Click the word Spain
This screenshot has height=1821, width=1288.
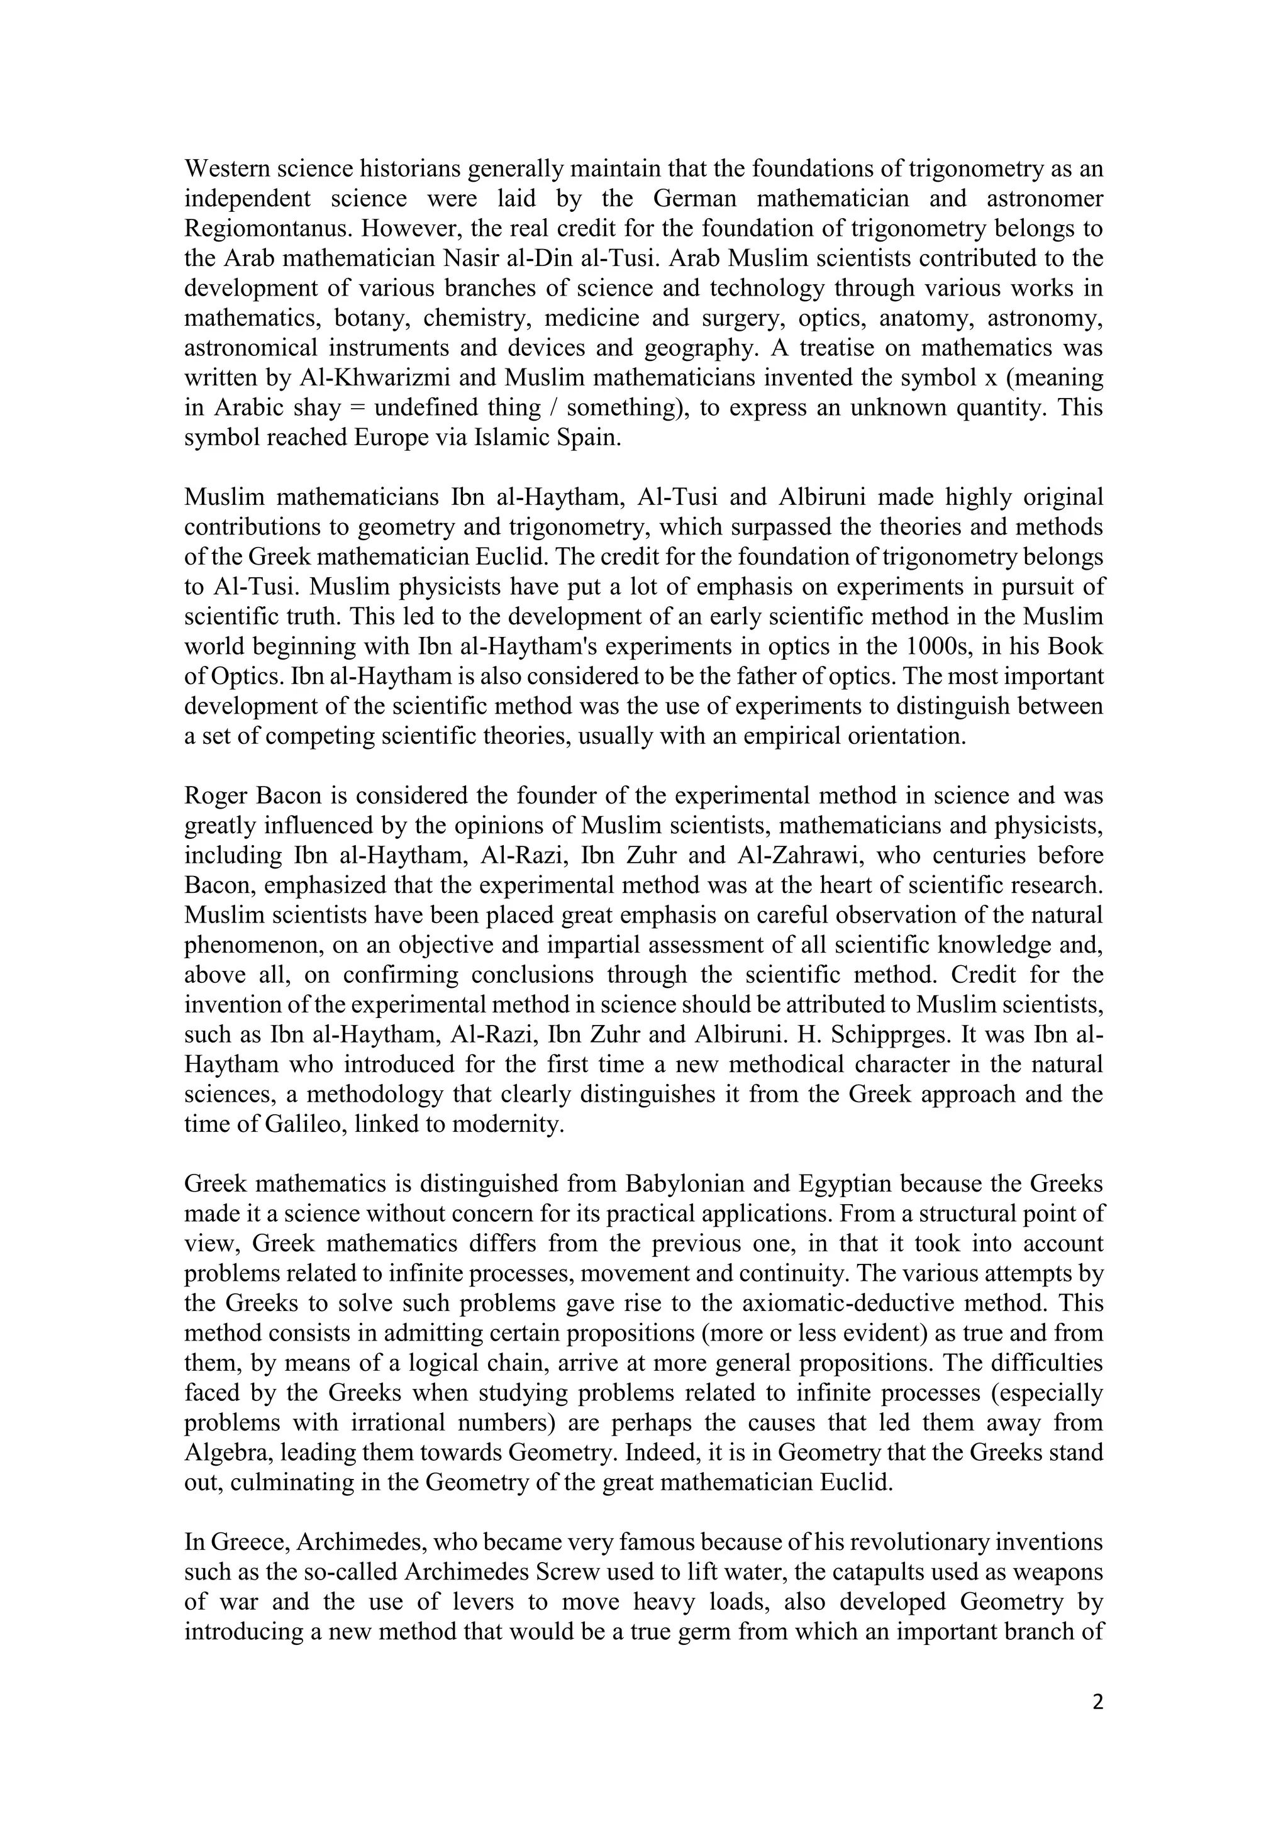point(587,438)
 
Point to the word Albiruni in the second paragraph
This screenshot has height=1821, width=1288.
point(823,497)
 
